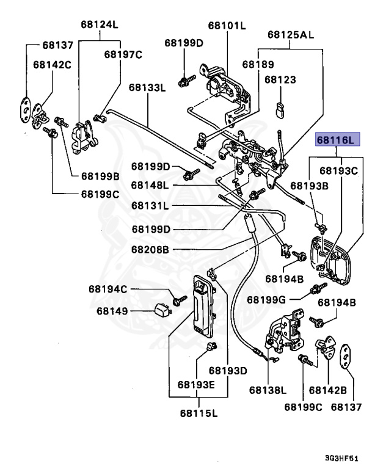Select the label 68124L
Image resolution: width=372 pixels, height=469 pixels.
point(99,25)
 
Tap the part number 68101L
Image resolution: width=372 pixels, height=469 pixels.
point(226,25)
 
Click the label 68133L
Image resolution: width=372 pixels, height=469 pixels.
point(147,87)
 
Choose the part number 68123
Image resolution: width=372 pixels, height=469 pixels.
point(280,79)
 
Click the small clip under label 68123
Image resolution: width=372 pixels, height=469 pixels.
point(280,108)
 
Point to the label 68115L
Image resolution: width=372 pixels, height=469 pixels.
point(199,413)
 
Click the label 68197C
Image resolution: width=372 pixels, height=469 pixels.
point(123,54)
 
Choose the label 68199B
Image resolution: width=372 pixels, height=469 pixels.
point(100,176)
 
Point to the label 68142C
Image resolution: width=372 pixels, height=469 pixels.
point(53,64)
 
